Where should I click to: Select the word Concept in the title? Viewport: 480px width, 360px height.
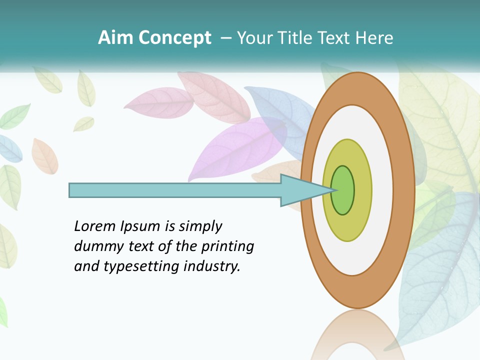click(x=175, y=38)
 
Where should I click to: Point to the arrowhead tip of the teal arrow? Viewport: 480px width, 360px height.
click(x=334, y=190)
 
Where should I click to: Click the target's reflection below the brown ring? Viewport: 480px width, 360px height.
click(x=350, y=335)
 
